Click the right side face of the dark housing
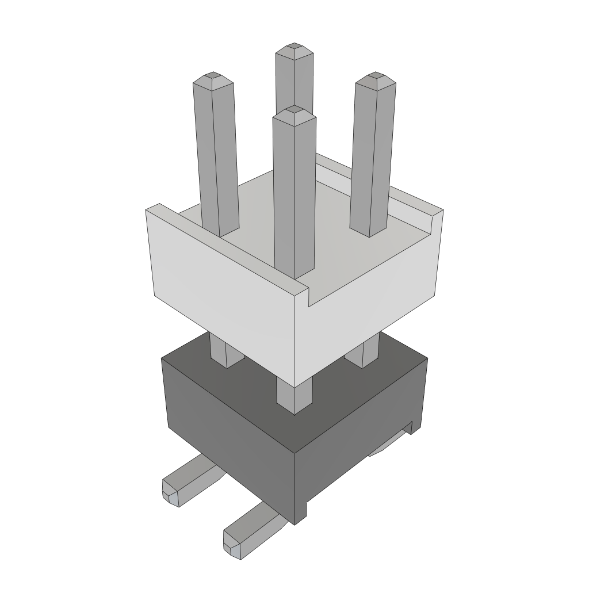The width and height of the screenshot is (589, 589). [x=357, y=449]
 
